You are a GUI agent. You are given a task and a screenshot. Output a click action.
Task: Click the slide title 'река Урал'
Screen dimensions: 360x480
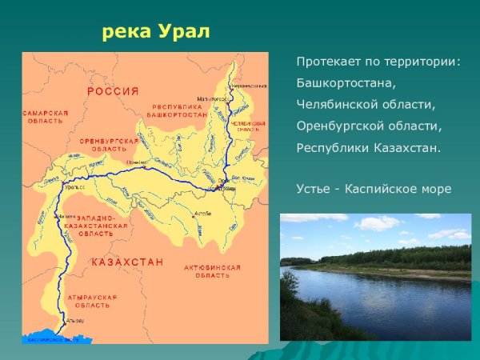[x=156, y=33]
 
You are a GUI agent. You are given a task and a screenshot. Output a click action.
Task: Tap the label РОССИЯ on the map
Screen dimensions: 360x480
[x=113, y=91]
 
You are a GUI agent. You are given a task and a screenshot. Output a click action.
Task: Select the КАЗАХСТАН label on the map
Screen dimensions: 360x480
[x=127, y=262]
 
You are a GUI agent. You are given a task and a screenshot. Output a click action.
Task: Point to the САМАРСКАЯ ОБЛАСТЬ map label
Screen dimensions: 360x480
[x=45, y=117]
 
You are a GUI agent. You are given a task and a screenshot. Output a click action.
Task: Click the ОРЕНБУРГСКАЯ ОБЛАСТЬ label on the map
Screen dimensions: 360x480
[x=109, y=144]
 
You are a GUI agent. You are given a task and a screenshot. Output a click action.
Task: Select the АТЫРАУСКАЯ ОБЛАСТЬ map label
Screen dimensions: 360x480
[x=92, y=301]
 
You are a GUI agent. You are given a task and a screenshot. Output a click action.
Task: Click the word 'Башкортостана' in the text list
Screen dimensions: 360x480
[x=346, y=82]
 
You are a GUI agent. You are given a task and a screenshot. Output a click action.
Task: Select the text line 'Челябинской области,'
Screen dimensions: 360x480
[x=366, y=104]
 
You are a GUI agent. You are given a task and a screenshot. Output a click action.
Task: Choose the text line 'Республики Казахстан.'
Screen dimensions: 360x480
[x=368, y=147]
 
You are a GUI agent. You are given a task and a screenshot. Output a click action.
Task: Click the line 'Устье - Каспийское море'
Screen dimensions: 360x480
[x=374, y=189]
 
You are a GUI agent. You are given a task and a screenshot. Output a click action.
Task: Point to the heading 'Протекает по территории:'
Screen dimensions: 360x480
[x=378, y=61]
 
